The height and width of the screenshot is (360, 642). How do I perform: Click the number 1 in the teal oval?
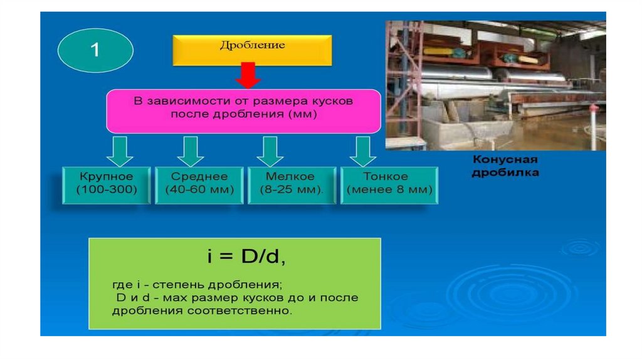click(x=95, y=50)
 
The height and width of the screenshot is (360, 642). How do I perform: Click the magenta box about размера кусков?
click(x=243, y=110)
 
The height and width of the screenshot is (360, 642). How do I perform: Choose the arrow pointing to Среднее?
click(x=191, y=151)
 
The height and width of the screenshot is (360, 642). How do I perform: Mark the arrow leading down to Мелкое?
click(x=270, y=151)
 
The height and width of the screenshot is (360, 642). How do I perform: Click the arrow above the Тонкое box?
click(x=361, y=151)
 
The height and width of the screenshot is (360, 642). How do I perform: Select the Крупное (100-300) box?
click(x=107, y=184)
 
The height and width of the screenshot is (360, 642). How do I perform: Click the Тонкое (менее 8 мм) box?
click(x=389, y=184)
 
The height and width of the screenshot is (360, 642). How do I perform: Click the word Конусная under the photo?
click(x=504, y=160)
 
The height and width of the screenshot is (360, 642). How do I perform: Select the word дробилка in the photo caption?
click(x=504, y=172)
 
